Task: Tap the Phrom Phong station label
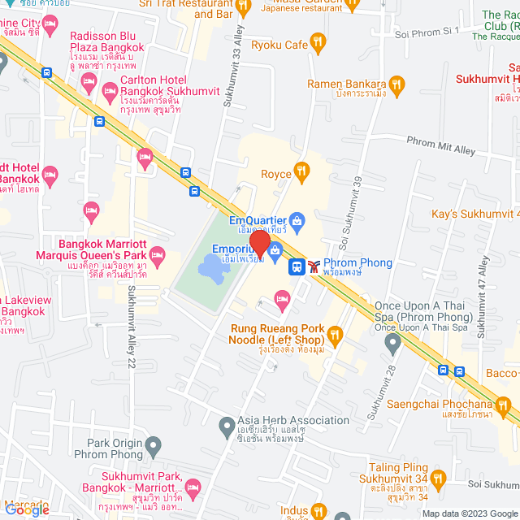click(357, 263)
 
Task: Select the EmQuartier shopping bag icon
click(297, 220)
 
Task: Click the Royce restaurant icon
click(301, 170)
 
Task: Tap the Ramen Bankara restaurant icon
click(396, 84)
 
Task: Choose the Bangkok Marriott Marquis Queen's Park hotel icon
click(158, 254)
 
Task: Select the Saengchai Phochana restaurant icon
click(503, 405)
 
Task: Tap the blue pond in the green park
click(210, 265)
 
